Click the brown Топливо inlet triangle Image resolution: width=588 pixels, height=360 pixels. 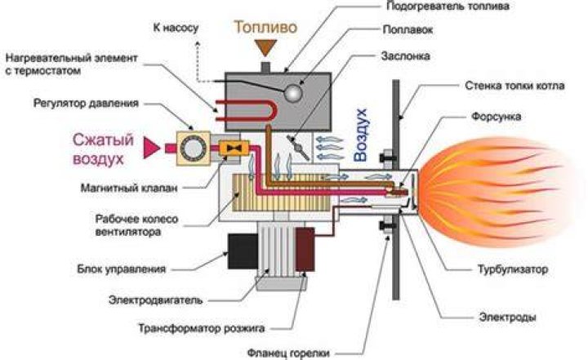pos(265,47)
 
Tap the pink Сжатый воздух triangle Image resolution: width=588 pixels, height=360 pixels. pos(150,148)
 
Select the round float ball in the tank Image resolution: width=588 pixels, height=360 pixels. pos(293,92)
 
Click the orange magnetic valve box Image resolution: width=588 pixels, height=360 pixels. pos(234,149)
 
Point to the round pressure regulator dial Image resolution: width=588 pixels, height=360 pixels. pos(193,148)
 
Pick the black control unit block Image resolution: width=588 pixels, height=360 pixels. pos(243,251)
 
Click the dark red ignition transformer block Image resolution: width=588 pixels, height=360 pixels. pos(305,249)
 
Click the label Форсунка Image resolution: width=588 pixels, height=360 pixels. pos(496,117)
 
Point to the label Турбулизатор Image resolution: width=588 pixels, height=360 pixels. pos(513,269)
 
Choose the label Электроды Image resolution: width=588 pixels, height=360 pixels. pos(507,318)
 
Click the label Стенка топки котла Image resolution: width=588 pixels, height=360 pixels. pos(514,86)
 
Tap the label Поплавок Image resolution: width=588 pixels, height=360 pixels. pos(408,30)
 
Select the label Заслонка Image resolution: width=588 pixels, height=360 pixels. pos(405,56)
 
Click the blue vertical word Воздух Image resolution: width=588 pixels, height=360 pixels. pos(361,135)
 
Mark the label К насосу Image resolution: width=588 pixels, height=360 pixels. pos(176,28)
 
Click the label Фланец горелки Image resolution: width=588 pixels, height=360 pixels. pos(288,353)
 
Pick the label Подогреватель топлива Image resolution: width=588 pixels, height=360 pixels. pos(448,6)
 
